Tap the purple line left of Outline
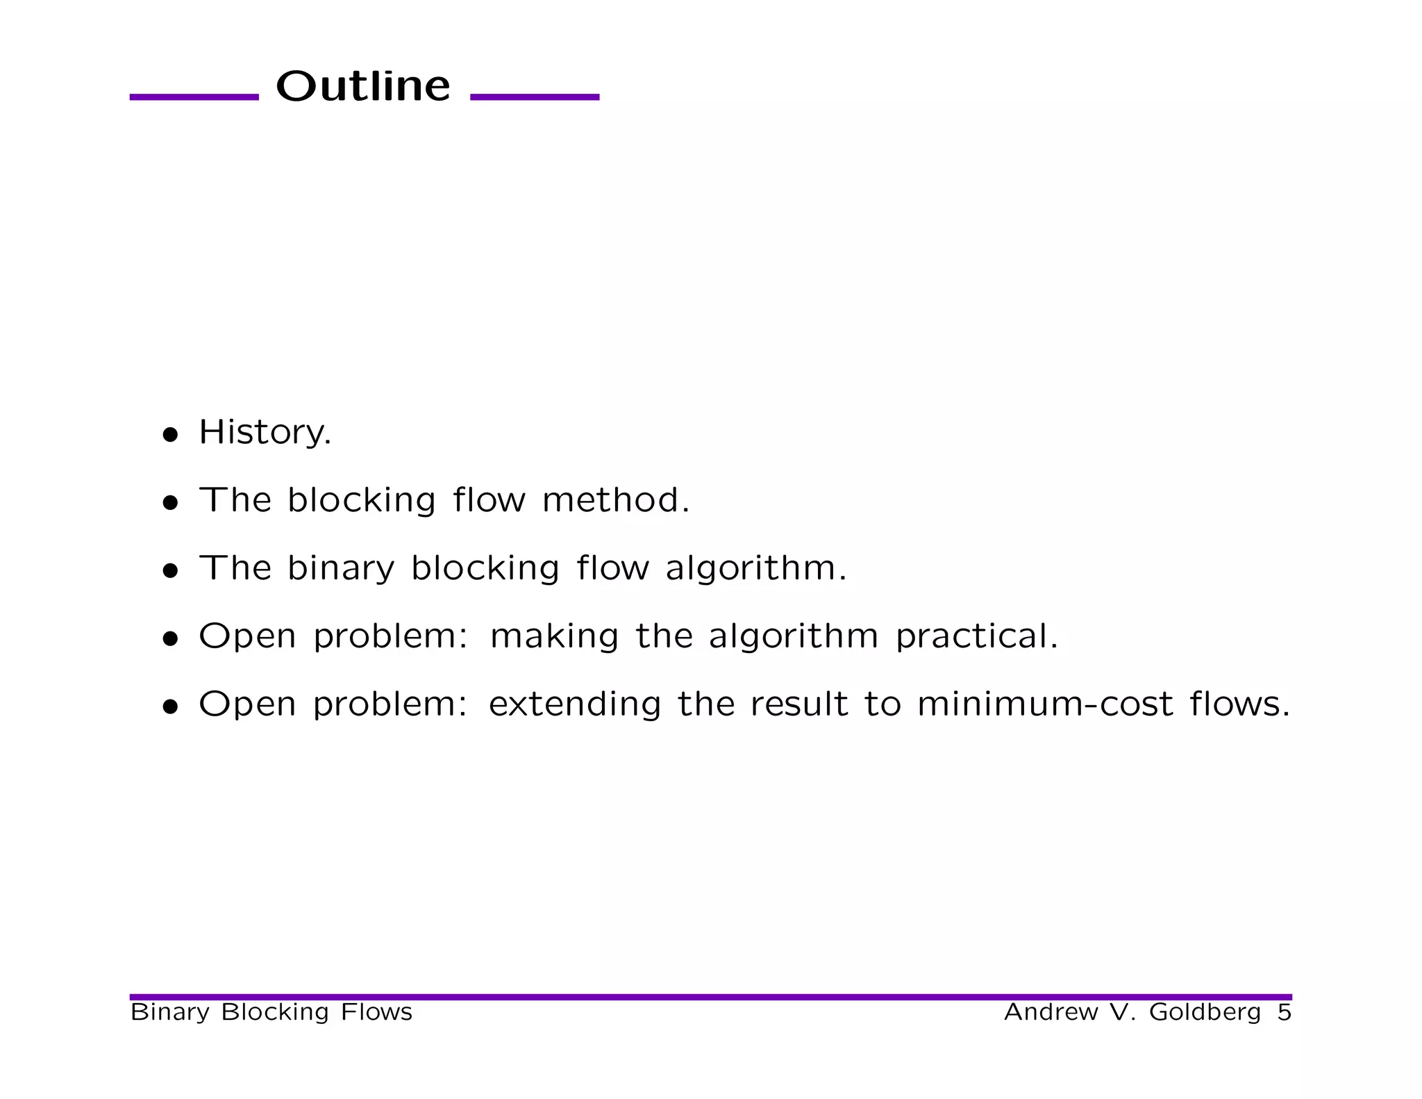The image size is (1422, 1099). coord(194,97)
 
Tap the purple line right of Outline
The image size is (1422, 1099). coord(535,97)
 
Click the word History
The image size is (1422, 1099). coord(265,432)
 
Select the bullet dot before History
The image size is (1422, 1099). coord(170,436)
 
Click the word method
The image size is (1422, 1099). coord(615,500)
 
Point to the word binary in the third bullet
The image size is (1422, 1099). coord(341,568)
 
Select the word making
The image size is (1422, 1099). coord(553,636)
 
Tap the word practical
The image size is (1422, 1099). coord(976,636)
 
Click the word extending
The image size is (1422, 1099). coord(574,704)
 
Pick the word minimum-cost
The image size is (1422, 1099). coord(1045,704)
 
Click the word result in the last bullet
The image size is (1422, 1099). coord(798,704)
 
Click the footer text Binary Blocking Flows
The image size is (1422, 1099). coord(271,1012)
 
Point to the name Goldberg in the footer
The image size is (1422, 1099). coord(1205,1012)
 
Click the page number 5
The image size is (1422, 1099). coord(1284,1012)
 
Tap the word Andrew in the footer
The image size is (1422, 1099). coord(1051,1012)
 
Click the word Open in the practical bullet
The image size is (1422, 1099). coord(247,636)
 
